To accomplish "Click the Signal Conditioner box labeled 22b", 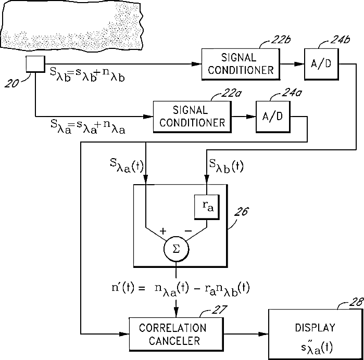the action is pos(241,65).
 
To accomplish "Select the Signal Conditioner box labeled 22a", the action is pos(192,117).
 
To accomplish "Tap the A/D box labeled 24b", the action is pos(321,65).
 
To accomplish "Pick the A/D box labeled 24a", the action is pos(273,117).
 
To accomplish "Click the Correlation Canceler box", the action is pos(176,334).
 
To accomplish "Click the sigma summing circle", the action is pos(176,249).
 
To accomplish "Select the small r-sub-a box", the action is pos(207,207).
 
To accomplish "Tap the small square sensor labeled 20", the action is pos(35,64).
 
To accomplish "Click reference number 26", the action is pos(241,211).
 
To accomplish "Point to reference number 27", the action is pos(219,310).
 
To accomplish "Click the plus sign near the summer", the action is pos(163,231).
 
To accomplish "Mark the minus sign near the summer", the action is pos(188,231).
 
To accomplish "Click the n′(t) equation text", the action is pos(180,289).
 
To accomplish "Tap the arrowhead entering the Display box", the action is pos(263,334).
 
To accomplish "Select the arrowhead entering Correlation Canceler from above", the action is pos(176,312).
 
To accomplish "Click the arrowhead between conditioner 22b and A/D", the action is pos(299,64).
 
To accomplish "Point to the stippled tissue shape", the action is pos(72,25).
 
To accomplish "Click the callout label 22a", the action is pos(231,94).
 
